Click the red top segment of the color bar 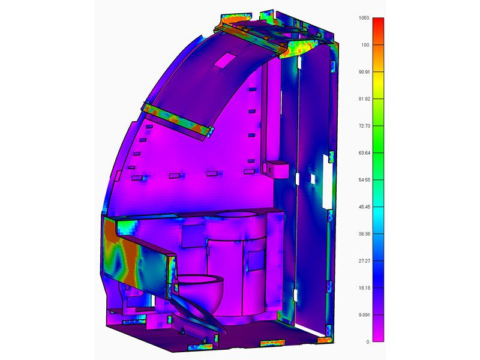[x=378, y=27]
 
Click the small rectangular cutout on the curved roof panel [x=227, y=59]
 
